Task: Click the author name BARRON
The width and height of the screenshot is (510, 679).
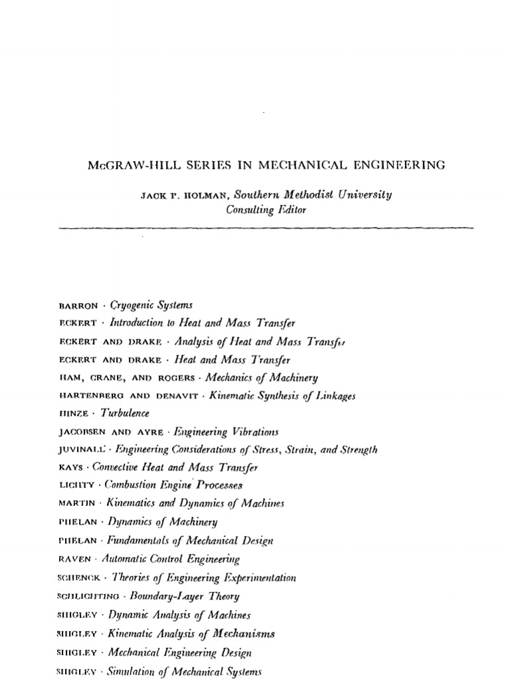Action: tap(78, 306)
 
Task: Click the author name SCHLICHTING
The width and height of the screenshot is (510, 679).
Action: tap(90, 597)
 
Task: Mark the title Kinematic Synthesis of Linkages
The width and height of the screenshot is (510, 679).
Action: tap(282, 396)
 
